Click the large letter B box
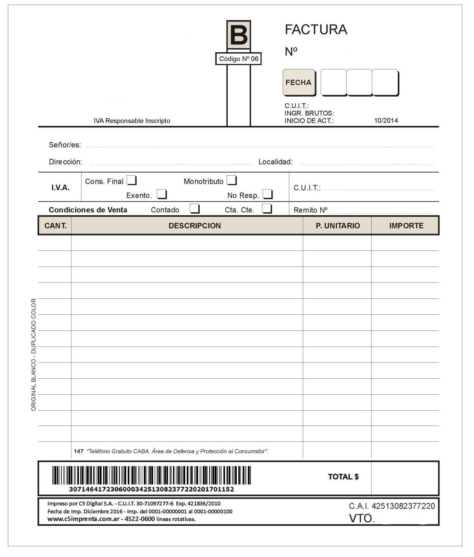click(x=238, y=35)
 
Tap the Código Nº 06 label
click(x=238, y=59)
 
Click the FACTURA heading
click(x=316, y=30)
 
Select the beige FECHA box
click(x=299, y=82)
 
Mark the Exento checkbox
click(x=162, y=194)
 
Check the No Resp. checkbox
click(x=268, y=194)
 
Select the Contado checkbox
click(x=195, y=209)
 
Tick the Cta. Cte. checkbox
click(x=267, y=209)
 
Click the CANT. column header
click(x=55, y=226)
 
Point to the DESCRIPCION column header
click(x=195, y=226)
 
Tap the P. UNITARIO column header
click(x=338, y=226)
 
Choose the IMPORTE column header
click(x=406, y=226)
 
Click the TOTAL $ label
click(x=343, y=477)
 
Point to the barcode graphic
click(x=151, y=475)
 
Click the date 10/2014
click(x=386, y=121)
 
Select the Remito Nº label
click(x=310, y=210)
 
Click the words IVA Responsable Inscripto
click(x=132, y=121)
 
